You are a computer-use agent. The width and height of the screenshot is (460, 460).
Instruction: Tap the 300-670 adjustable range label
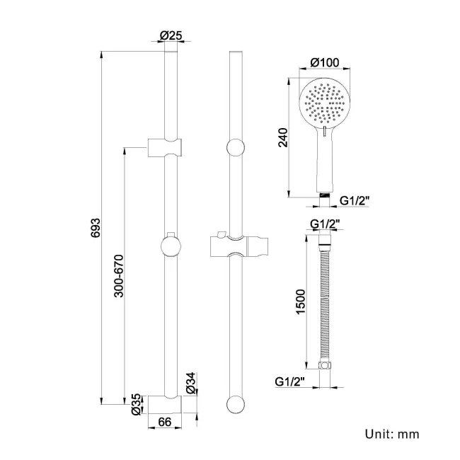(x=119, y=275)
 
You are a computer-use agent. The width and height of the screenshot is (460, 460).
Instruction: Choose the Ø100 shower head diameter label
(x=326, y=63)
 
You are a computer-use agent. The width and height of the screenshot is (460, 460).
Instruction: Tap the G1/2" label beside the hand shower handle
(x=355, y=201)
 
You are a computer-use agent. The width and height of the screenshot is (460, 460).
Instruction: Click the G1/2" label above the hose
(x=326, y=224)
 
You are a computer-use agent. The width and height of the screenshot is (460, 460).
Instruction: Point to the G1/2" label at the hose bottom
(x=291, y=382)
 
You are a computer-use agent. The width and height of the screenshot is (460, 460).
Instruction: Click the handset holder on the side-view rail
(x=237, y=246)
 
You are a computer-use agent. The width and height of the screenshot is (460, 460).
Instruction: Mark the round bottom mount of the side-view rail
(x=236, y=404)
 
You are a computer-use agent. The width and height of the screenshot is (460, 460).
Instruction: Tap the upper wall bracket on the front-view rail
(x=166, y=147)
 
